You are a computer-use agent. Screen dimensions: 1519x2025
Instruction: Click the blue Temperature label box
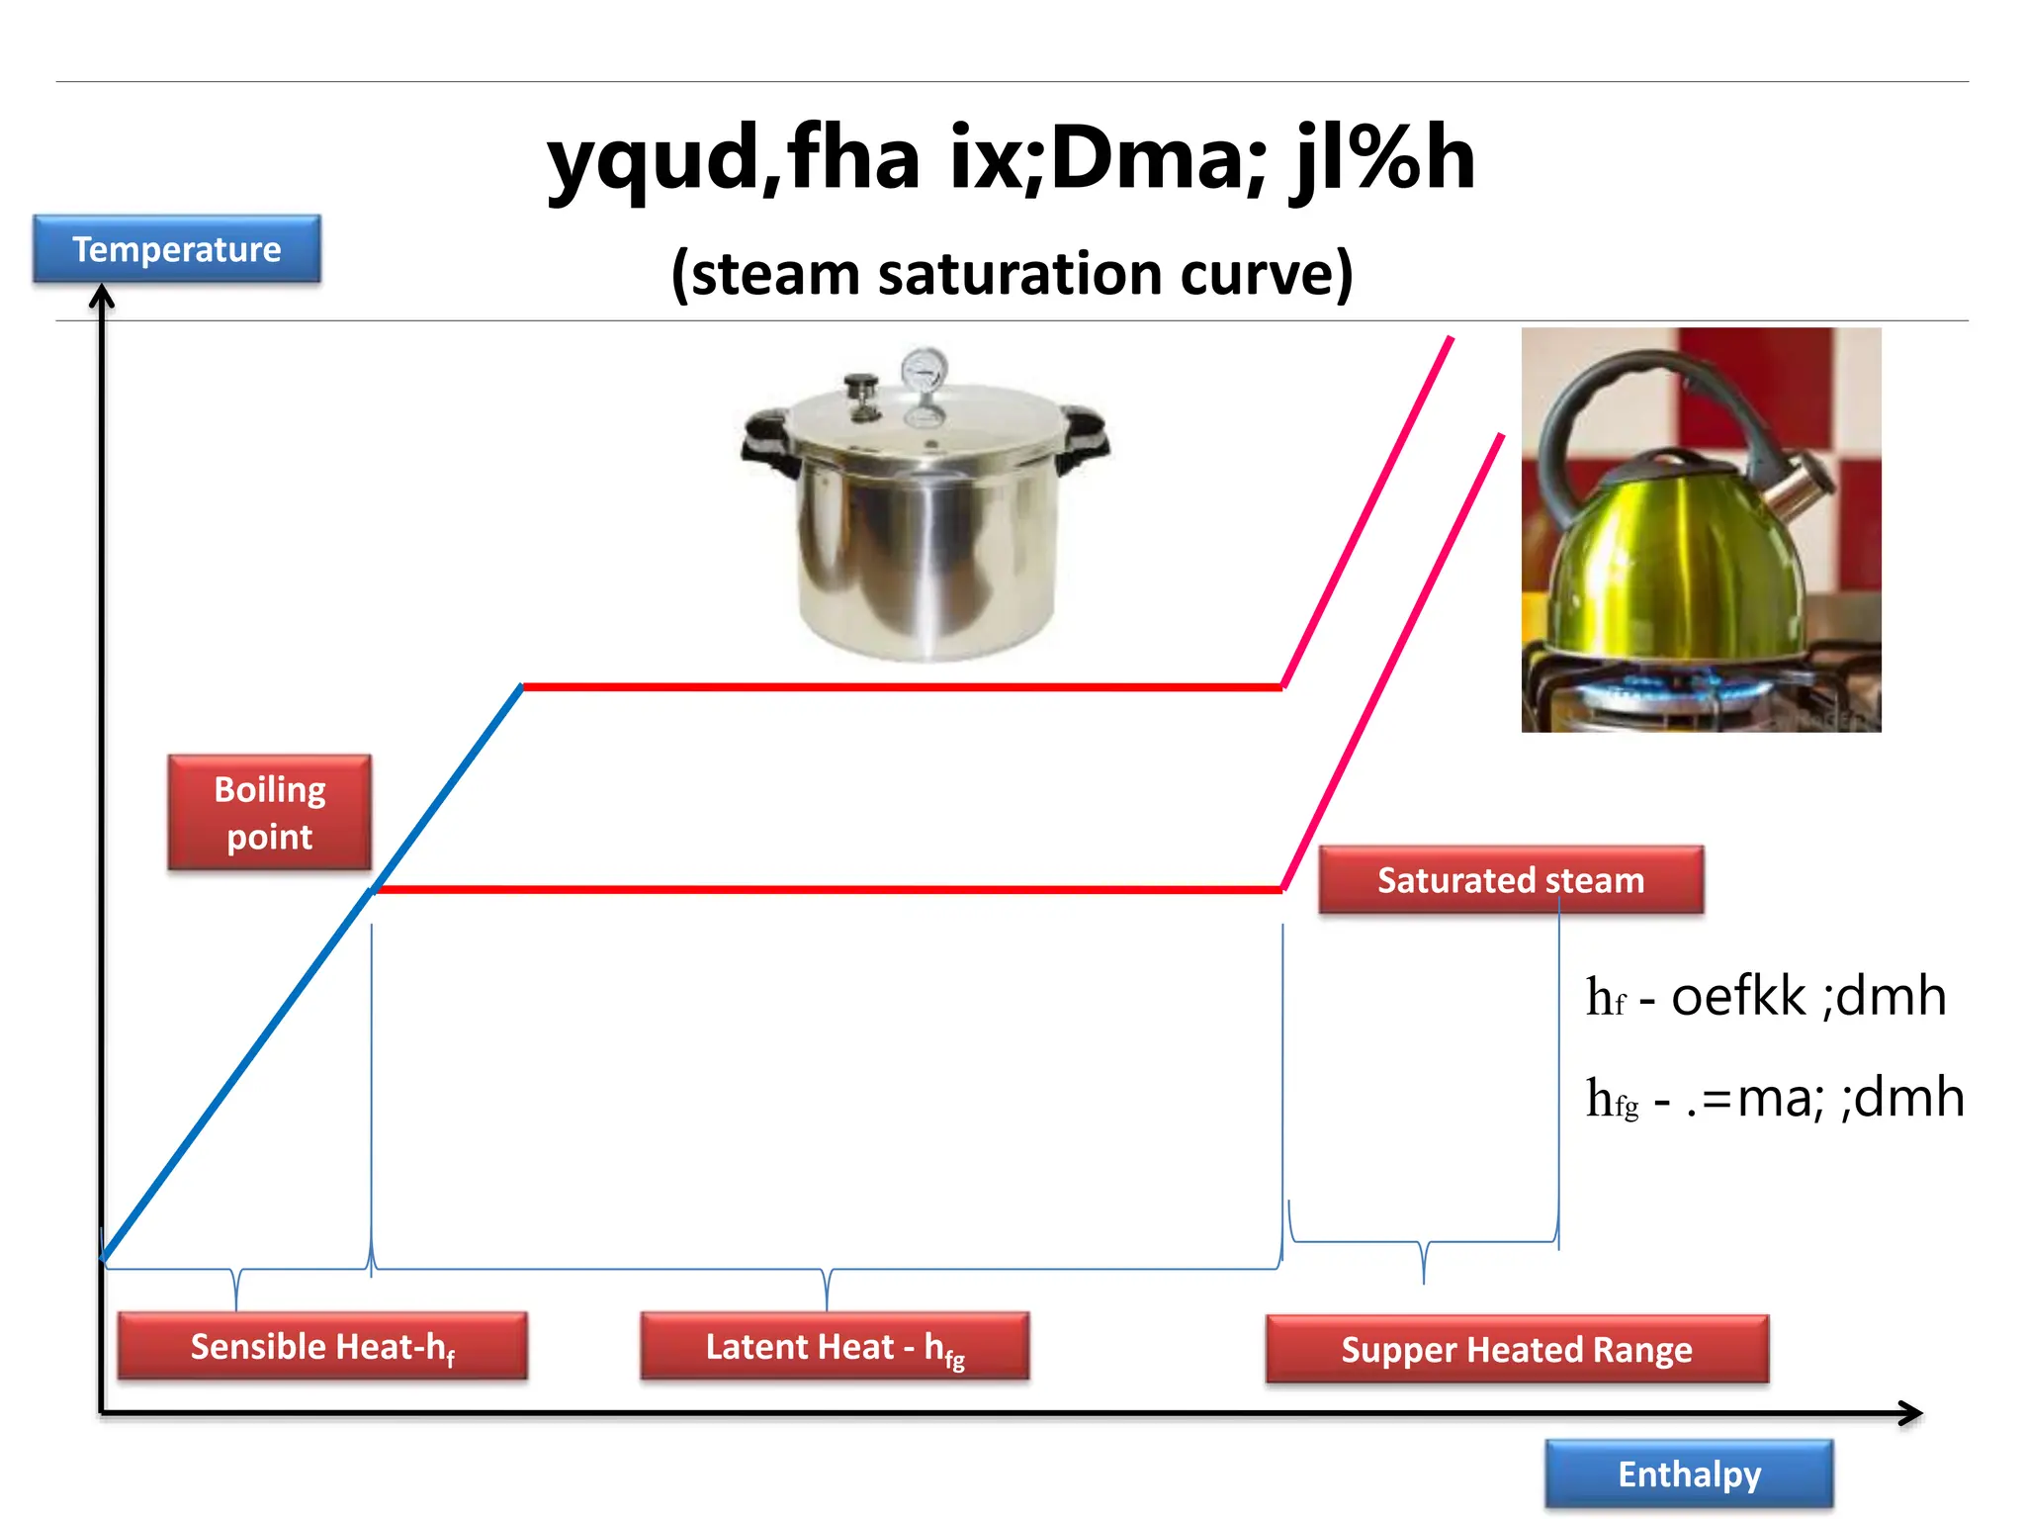(x=176, y=249)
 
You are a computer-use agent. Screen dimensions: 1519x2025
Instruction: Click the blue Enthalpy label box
(x=1689, y=1474)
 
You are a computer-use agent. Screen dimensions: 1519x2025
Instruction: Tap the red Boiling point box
(x=269, y=813)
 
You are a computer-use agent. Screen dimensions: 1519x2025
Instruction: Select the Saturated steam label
(x=1510, y=879)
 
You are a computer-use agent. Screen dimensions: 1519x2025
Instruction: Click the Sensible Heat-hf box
(x=322, y=1346)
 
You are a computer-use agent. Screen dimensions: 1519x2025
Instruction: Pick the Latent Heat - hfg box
(x=835, y=1346)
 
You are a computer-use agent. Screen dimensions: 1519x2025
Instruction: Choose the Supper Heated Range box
(x=1516, y=1349)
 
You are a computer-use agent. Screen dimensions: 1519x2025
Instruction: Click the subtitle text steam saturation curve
(x=1011, y=274)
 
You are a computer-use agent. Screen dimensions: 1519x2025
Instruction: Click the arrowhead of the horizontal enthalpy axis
(x=1912, y=1413)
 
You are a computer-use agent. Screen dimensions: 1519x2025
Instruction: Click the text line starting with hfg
(x=1774, y=1098)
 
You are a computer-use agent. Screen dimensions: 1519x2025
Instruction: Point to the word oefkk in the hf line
(x=1737, y=996)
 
